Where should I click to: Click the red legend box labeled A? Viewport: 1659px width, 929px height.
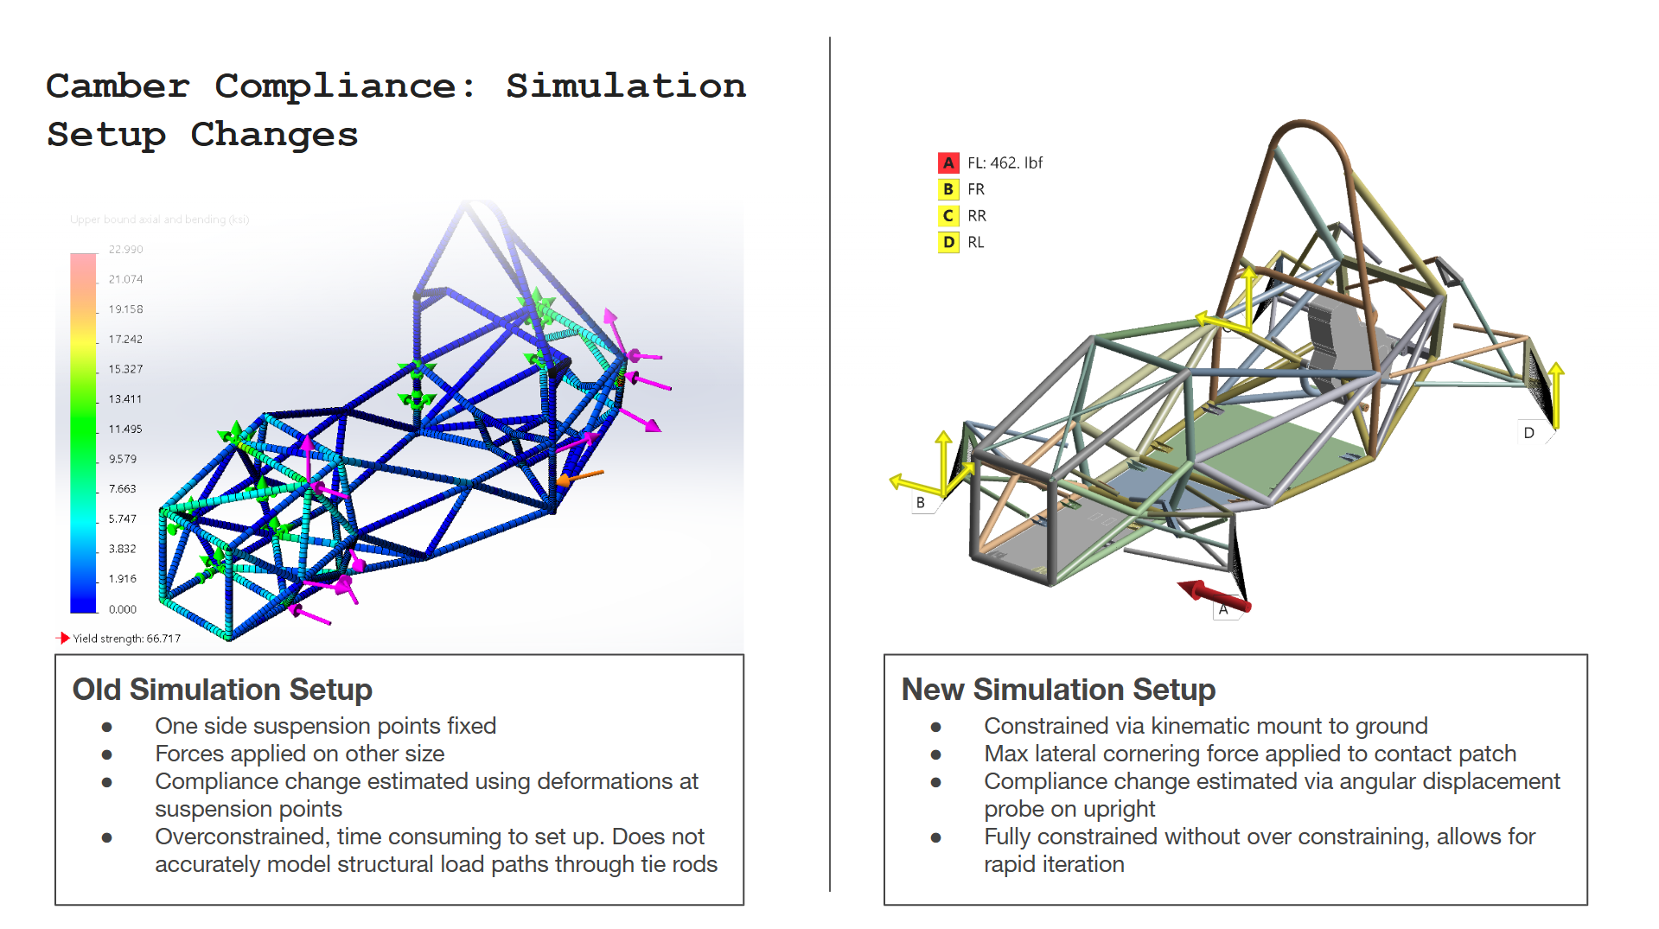click(948, 162)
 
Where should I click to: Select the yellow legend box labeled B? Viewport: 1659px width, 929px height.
click(948, 189)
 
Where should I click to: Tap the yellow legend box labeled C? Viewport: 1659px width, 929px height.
click(948, 216)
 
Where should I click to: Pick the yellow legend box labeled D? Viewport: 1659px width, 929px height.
click(948, 243)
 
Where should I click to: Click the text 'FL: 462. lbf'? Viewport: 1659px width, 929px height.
click(1005, 162)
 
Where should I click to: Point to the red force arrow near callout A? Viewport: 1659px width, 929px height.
click(1215, 595)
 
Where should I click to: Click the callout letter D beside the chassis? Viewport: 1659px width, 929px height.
click(1528, 433)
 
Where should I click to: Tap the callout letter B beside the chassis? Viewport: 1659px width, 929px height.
click(920, 503)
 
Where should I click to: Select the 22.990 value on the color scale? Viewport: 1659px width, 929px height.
click(125, 250)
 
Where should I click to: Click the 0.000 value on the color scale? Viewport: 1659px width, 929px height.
click(123, 609)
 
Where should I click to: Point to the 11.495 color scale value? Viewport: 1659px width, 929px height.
click(125, 430)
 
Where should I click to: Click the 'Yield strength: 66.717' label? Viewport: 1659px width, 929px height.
click(126, 639)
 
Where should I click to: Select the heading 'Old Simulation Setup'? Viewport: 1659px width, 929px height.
click(222, 690)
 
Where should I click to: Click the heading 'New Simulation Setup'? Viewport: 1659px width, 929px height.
click(1058, 690)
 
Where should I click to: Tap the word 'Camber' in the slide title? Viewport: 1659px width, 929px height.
click(118, 86)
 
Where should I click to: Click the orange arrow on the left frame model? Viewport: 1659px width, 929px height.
click(580, 476)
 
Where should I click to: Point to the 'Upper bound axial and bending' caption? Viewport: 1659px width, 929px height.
click(159, 220)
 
